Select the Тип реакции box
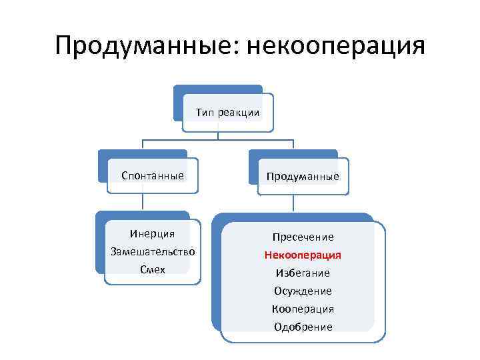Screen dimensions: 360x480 227,113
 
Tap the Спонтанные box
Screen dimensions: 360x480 153,176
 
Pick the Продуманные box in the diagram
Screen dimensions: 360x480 303,177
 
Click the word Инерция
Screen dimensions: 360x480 153,233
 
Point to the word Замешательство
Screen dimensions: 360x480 153,251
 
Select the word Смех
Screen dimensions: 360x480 153,269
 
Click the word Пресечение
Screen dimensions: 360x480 303,237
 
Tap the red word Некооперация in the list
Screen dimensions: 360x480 303,255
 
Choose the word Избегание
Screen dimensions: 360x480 303,273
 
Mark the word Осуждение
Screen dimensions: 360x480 303,291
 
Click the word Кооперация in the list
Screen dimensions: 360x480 303,309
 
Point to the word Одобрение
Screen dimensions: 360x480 303,327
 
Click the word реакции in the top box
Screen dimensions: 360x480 239,113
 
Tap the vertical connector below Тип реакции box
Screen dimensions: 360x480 219,131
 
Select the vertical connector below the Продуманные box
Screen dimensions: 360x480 294,204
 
